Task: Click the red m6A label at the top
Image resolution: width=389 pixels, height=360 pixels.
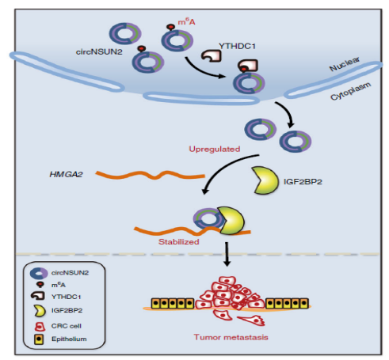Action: tap(186, 22)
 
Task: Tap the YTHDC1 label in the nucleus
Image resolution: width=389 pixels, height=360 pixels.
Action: tap(237, 46)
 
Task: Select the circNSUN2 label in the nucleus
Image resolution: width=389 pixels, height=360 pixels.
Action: tap(99, 51)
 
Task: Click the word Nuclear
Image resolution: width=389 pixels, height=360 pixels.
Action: tap(345, 64)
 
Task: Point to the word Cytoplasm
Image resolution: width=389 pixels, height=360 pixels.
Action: tap(351, 91)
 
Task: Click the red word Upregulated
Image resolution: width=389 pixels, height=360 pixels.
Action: tap(215, 149)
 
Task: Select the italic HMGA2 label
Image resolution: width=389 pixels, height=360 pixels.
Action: tap(66, 174)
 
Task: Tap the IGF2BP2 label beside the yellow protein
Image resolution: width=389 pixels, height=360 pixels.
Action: tap(303, 182)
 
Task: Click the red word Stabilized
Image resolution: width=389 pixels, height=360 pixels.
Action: tap(179, 241)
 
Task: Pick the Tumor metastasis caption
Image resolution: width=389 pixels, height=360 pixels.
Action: tap(231, 337)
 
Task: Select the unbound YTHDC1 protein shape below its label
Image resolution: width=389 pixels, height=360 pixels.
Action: tap(212, 56)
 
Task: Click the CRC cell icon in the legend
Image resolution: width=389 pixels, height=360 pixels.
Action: tap(40, 326)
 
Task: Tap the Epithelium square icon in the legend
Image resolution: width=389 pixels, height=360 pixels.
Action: tap(39, 339)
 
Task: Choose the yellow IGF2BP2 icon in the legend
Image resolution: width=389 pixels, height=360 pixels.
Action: tap(40, 311)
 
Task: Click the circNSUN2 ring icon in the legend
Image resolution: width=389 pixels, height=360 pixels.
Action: tap(39, 273)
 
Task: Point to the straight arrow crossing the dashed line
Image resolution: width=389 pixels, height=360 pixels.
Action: tap(227, 254)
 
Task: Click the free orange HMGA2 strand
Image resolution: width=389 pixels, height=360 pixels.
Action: tap(150, 175)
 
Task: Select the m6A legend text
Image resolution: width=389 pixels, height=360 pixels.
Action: tap(59, 285)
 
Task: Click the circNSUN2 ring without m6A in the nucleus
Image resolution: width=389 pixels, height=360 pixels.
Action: tap(125, 33)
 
